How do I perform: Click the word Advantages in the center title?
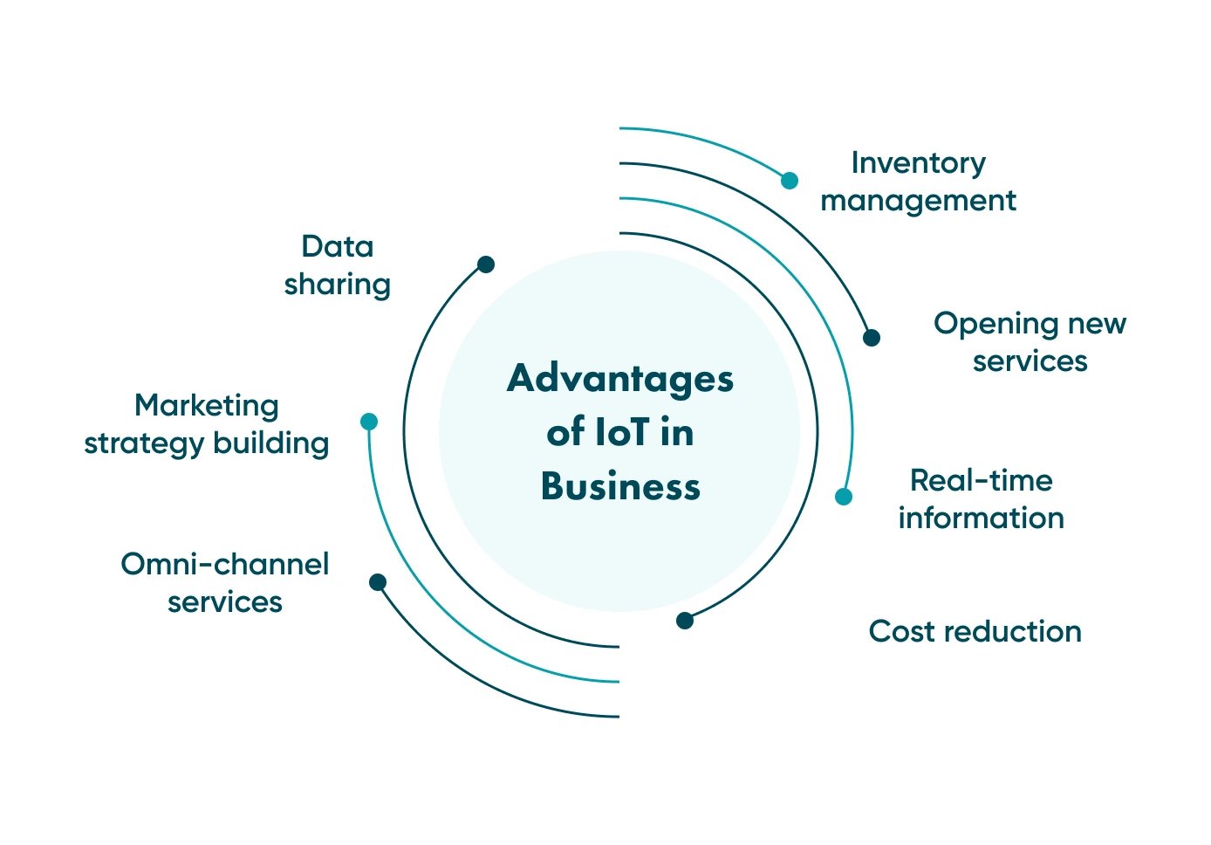tap(620, 379)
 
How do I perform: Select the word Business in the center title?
tap(620, 486)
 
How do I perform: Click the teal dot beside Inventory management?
tap(790, 181)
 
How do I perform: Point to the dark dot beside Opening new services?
tap(871, 338)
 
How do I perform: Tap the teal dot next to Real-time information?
tap(843, 497)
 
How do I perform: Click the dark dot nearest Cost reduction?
tap(685, 621)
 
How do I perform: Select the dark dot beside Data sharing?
tap(486, 264)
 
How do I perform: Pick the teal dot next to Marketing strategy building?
tap(369, 422)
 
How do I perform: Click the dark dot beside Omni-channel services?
tap(378, 582)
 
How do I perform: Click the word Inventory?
tap(918, 163)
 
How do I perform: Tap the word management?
tap(918, 202)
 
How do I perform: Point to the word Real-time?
tap(981, 480)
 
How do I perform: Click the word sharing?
tap(337, 285)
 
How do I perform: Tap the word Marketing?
tap(207, 406)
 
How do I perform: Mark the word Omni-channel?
tap(224, 564)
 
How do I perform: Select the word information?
tap(981, 519)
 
